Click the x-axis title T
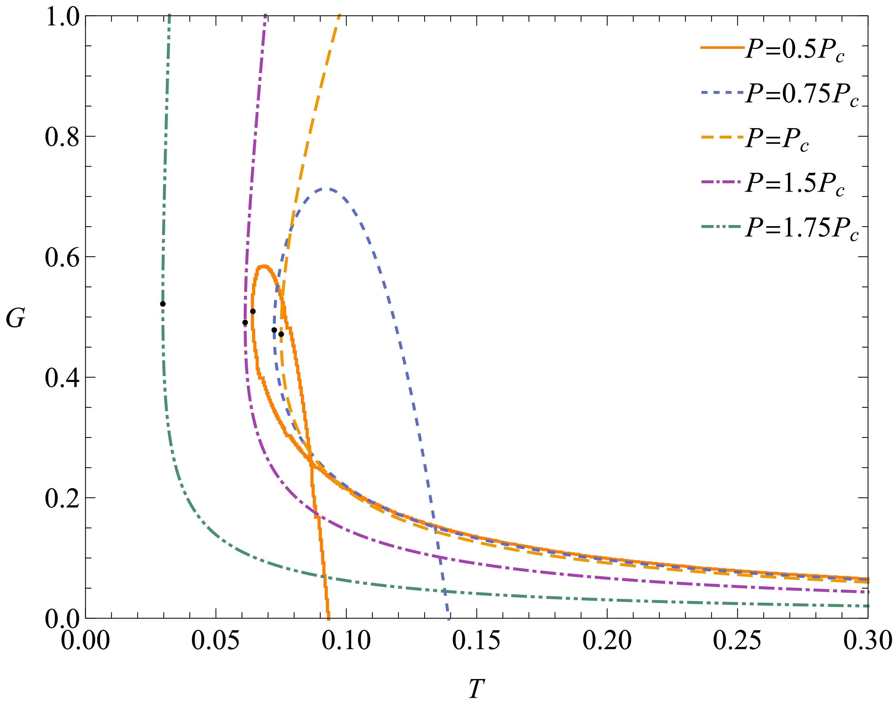pos(476,689)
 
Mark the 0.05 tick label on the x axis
pos(216,640)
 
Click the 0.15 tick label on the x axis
pos(476,640)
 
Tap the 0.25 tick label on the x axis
pos(737,640)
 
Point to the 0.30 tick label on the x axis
pos(867,640)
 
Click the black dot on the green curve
pos(163,304)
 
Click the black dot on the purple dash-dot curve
pos(245,322)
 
